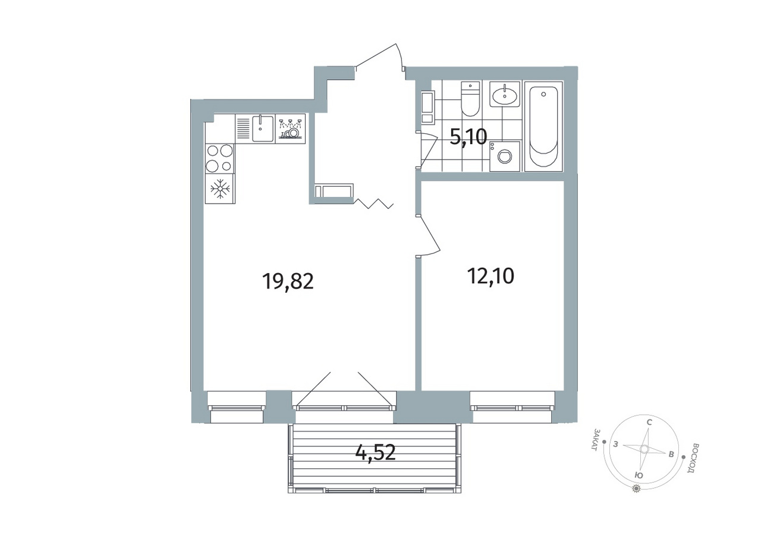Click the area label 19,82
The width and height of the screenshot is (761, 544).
tap(288, 282)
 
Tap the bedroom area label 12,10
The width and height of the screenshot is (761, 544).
tap(490, 276)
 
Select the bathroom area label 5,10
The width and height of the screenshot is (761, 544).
tap(468, 137)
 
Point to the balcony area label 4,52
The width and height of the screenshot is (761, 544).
tap(375, 452)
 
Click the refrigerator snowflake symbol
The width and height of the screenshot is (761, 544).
tap(220, 189)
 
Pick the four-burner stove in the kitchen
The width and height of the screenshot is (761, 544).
tap(220, 158)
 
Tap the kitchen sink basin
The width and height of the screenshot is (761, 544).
tap(263, 128)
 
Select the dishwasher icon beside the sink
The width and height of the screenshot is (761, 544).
tap(290, 129)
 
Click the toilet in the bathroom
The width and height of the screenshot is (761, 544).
tap(470, 99)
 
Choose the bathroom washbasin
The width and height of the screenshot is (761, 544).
tap(505, 94)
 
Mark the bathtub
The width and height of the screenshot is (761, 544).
tap(543, 127)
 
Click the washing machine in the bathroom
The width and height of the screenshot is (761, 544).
tap(505, 157)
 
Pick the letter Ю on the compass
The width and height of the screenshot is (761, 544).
tap(639, 476)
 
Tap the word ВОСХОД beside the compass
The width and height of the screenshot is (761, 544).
tap(691, 458)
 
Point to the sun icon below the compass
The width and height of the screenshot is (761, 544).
tap(636, 489)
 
